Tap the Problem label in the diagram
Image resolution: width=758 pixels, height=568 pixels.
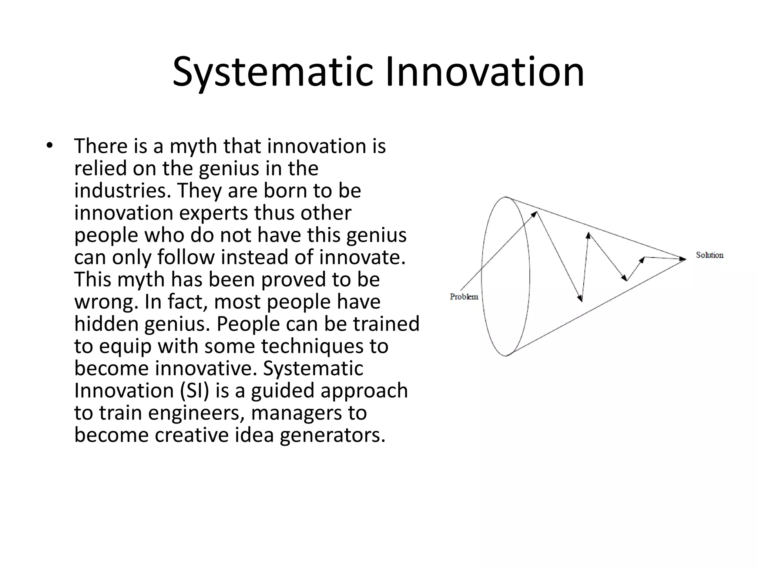pos(464,297)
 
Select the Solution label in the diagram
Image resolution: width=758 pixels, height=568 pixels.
pos(710,255)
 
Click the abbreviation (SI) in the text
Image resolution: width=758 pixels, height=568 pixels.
pos(195,390)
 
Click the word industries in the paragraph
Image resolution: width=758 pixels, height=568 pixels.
pos(122,191)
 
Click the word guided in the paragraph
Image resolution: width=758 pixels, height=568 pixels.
pos(283,391)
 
